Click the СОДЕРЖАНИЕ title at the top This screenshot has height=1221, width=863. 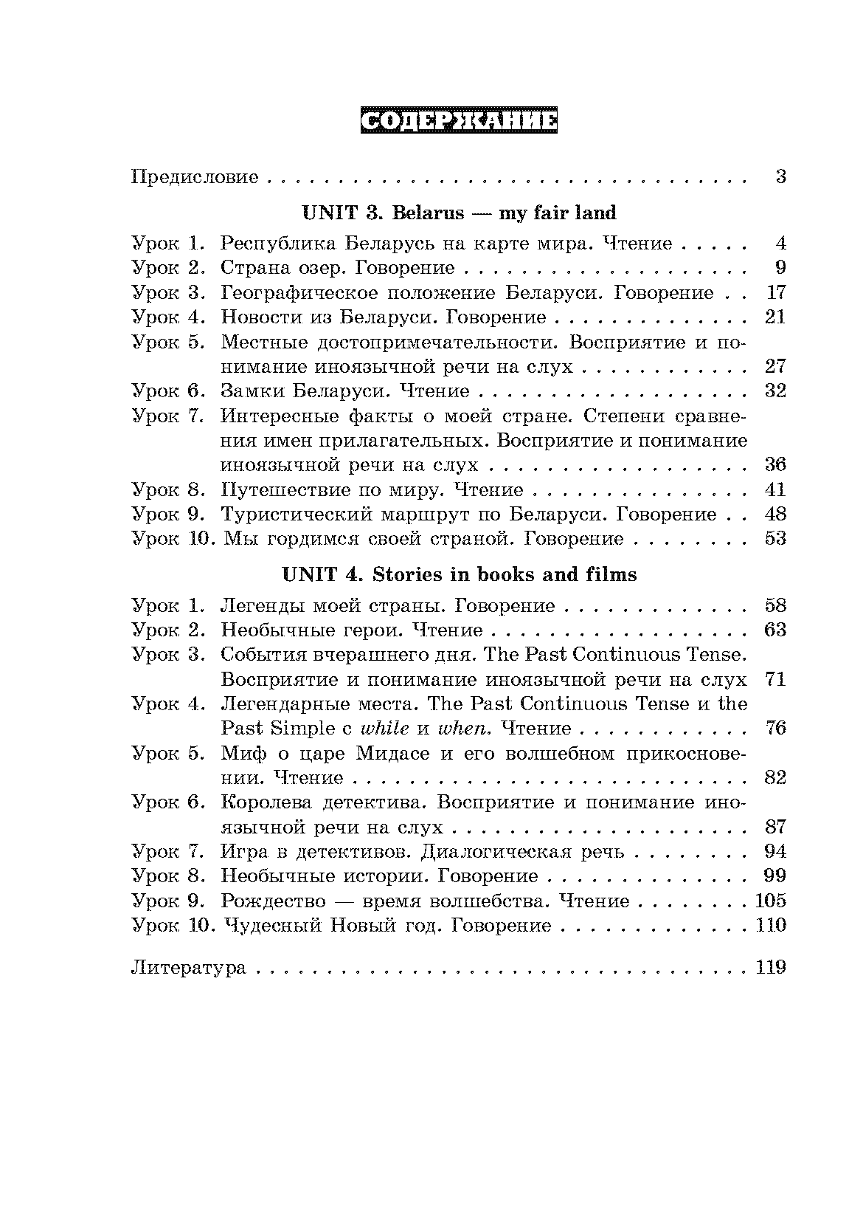tap(458, 122)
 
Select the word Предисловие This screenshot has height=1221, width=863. tap(195, 177)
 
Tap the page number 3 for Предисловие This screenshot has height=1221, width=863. tap(780, 177)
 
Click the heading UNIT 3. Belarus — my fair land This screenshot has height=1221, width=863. tap(459, 213)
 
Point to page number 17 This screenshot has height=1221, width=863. tap(776, 292)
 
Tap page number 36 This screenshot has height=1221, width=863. tap(776, 465)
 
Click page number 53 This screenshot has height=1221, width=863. tap(776, 539)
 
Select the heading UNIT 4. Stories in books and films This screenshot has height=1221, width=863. tap(459, 574)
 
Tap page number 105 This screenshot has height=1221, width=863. tap(772, 901)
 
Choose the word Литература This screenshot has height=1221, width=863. tap(188, 968)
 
